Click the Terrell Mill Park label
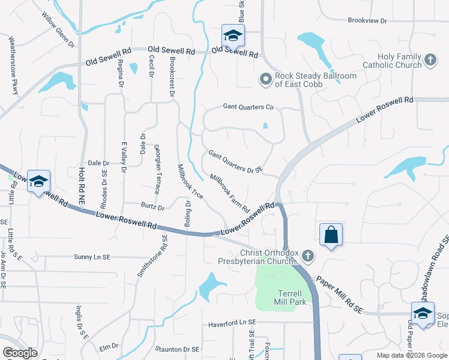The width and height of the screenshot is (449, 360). [291, 297]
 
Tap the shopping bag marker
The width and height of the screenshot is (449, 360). [331, 235]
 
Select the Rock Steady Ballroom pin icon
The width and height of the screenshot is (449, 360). [265, 79]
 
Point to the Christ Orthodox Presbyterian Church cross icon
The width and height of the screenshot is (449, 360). [307, 256]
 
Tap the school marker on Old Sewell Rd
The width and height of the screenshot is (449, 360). [232, 35]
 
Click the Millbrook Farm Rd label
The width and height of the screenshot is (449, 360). [230, 193]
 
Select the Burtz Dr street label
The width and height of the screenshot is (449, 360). [152, 208]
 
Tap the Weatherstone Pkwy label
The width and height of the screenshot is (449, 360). [13, 65]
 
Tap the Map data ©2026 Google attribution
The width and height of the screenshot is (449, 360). [411, 356]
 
